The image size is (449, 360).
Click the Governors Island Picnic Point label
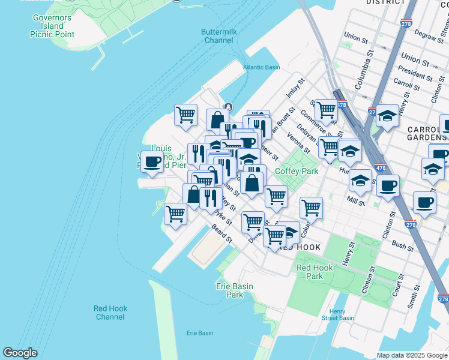click(x=52, y=26)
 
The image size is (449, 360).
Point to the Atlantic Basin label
click(x=262, y=67)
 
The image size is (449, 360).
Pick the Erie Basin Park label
click(x=230, y=290)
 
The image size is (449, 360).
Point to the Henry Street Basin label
click(x=337, y=314)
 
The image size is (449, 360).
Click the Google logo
click(x=20, y=353)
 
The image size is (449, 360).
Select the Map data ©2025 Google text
click(x=412, y=355)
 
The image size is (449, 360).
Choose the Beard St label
click(x=222, y=235)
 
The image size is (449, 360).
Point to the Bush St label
click(x=403, y=245)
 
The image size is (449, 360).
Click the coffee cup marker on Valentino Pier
click(x=152, y=161)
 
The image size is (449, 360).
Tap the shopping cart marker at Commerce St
click(x=325, y=110)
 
